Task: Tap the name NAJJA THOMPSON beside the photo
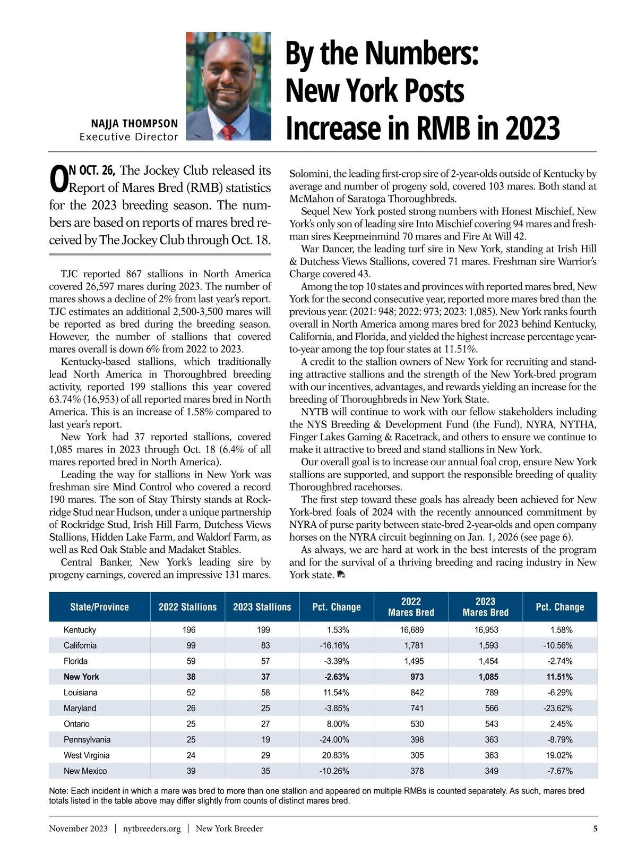click(134, 124)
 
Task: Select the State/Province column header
click(99, 607)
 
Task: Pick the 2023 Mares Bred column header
click(485, 607)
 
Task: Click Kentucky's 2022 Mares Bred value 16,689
click(411, 630)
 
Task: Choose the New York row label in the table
click(81, 677)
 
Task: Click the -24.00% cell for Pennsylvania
click(334, 739)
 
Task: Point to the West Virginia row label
click(87, 755)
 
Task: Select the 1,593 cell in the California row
click(487, 645)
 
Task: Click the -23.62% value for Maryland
click(557, 708)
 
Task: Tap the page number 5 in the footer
click(595, 829)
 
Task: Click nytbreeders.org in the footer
click(152, 829)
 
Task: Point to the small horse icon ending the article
click(341, 575)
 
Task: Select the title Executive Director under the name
click(129, 137)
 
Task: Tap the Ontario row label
click(76, 724)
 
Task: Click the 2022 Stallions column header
click(188, 607)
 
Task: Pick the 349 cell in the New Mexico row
click(491, 771)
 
